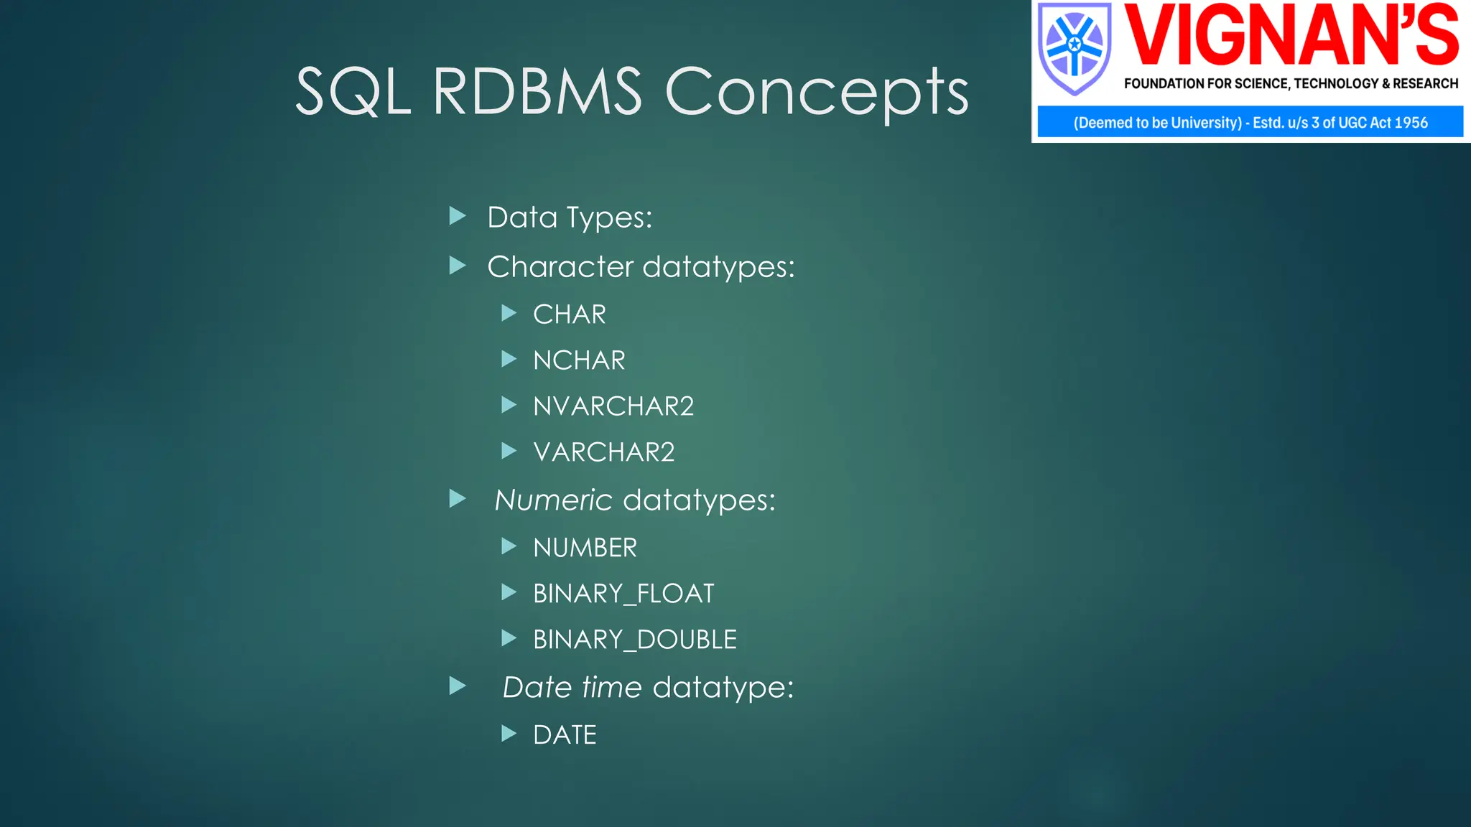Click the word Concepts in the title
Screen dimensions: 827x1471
click(817, 92)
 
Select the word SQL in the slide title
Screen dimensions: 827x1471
click(353, 92)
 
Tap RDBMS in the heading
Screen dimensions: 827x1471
click(537, 92)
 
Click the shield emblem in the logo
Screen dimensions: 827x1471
click(1074, 49)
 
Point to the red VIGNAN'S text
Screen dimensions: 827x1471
click(1291, 36)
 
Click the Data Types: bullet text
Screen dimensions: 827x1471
click(570, 218)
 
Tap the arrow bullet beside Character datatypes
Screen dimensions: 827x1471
click(458, 266)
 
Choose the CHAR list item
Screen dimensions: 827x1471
click(570, 314)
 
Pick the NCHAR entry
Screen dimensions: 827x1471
click(579, 360)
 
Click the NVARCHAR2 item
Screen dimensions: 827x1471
click(613, 406)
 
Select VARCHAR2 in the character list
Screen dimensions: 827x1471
click(603, 452)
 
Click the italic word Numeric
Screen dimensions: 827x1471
click(553, 500)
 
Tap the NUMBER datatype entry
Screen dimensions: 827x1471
click(585, 548)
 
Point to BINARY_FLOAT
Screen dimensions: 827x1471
click(623, 594)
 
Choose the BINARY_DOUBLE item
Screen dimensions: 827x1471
click(635, 640)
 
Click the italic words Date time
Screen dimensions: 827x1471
click(572, 688)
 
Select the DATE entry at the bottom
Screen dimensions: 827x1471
click(565, 735)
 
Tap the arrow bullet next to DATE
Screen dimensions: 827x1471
click(509, 734)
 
